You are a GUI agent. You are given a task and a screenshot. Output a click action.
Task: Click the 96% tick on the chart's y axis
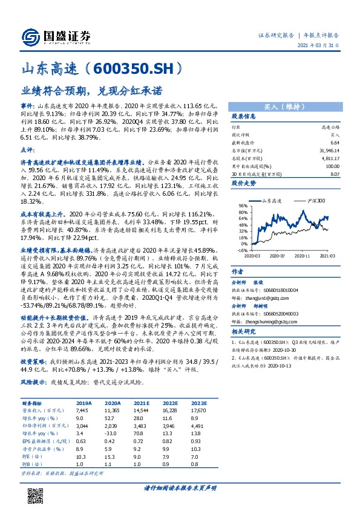click(x=242, y=206)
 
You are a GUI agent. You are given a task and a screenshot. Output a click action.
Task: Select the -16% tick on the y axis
click(x=241, y=250)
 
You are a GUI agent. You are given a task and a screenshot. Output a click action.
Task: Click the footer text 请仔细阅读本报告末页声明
click(x=180, y=487)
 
